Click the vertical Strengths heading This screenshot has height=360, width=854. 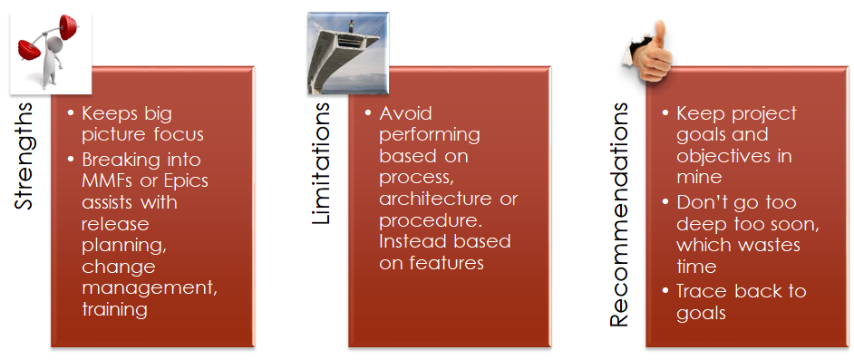25,157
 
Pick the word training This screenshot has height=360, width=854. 115,310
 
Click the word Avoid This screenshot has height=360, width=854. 406,113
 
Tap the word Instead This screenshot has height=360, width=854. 412,242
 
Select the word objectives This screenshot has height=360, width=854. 722,157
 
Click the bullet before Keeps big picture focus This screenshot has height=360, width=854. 72,114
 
